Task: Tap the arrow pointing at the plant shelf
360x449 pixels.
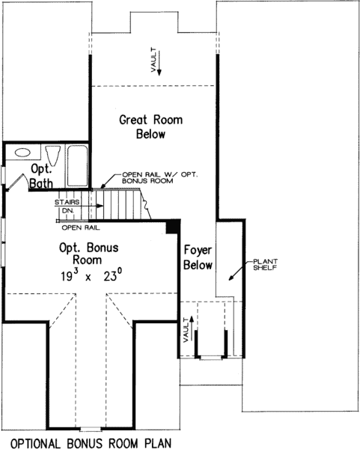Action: (x=234, y=275)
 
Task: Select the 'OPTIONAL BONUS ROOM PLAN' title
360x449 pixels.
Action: (x=90, y=442)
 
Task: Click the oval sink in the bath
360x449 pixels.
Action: (x=23, y=152)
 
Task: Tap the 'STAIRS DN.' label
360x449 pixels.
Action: (x=65, y=207)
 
